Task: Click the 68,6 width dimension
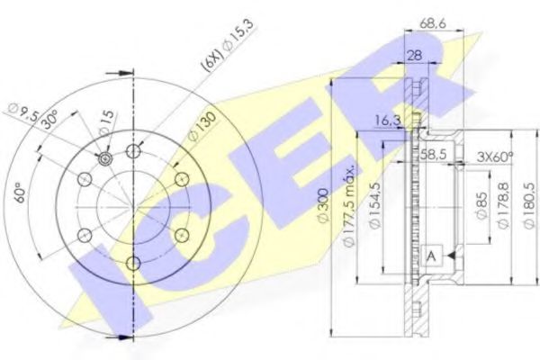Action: click(433, 23)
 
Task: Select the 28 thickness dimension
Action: click(415, 55)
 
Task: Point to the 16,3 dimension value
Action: click(388, 121)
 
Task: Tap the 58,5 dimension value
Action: click(433, 154)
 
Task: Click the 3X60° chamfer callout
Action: click(494, 157)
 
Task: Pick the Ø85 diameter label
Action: click(481, 206)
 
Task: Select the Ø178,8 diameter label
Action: click(503, 205)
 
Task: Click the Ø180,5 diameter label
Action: click(528, 205)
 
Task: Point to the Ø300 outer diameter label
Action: click(324, 206)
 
